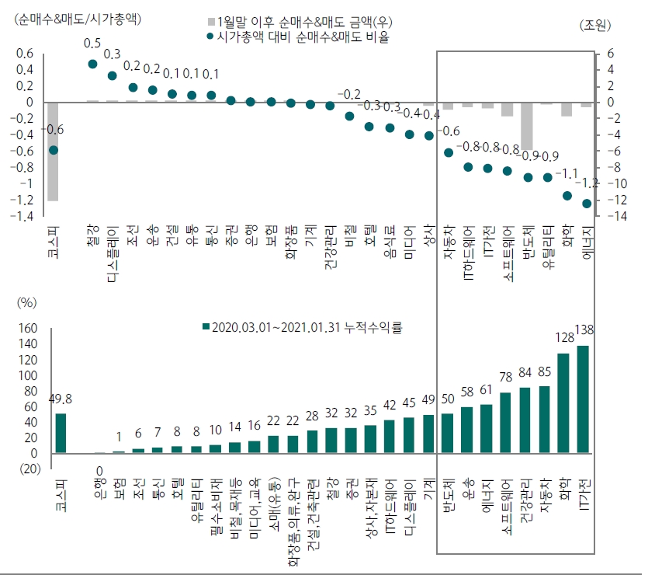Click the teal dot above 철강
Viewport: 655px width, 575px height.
(92, 64)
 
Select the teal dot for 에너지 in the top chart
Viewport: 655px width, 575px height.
(587, 204)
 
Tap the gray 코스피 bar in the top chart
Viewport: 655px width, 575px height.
(53, 151)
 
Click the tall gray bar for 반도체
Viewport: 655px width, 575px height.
(527, 126)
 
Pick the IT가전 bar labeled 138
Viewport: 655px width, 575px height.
(584, 399)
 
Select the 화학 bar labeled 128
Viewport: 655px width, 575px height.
(563, 403)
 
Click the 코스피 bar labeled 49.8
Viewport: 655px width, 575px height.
(61, 434)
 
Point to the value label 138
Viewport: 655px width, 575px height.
(584, 331)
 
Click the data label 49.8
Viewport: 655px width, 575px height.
(61, 399)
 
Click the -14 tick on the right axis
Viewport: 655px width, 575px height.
(605, 216)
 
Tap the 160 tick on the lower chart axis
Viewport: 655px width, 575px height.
(27, 328)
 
